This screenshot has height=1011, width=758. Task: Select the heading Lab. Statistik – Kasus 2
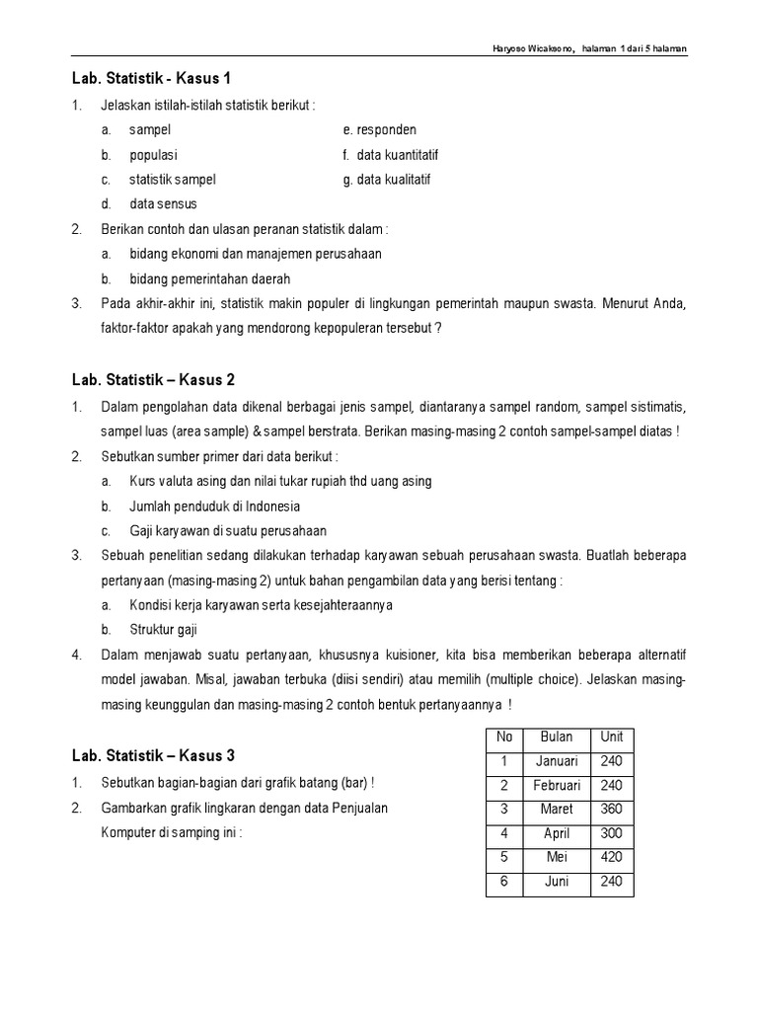pos(153,380)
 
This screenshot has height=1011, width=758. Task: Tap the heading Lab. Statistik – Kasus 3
pos(153,756)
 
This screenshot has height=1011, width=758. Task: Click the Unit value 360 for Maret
pos(611,810)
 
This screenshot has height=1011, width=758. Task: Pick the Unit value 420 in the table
pos(611,857)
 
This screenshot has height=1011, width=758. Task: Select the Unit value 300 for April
pos(611,833)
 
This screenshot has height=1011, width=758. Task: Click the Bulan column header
pos(557,738)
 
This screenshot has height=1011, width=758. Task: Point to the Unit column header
pos(611,738)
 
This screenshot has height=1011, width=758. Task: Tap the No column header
pos(504,738)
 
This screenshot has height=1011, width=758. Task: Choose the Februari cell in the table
pos(557,786)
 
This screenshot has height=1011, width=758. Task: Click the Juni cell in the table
pos(557,882)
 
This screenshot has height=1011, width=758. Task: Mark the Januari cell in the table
pos(557,761)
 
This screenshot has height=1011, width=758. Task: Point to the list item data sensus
pos(163,204)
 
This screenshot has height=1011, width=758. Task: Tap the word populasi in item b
pos(153,155)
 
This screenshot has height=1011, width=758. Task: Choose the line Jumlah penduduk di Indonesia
pos(214,506)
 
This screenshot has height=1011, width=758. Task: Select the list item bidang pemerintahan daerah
pos(209,279)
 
